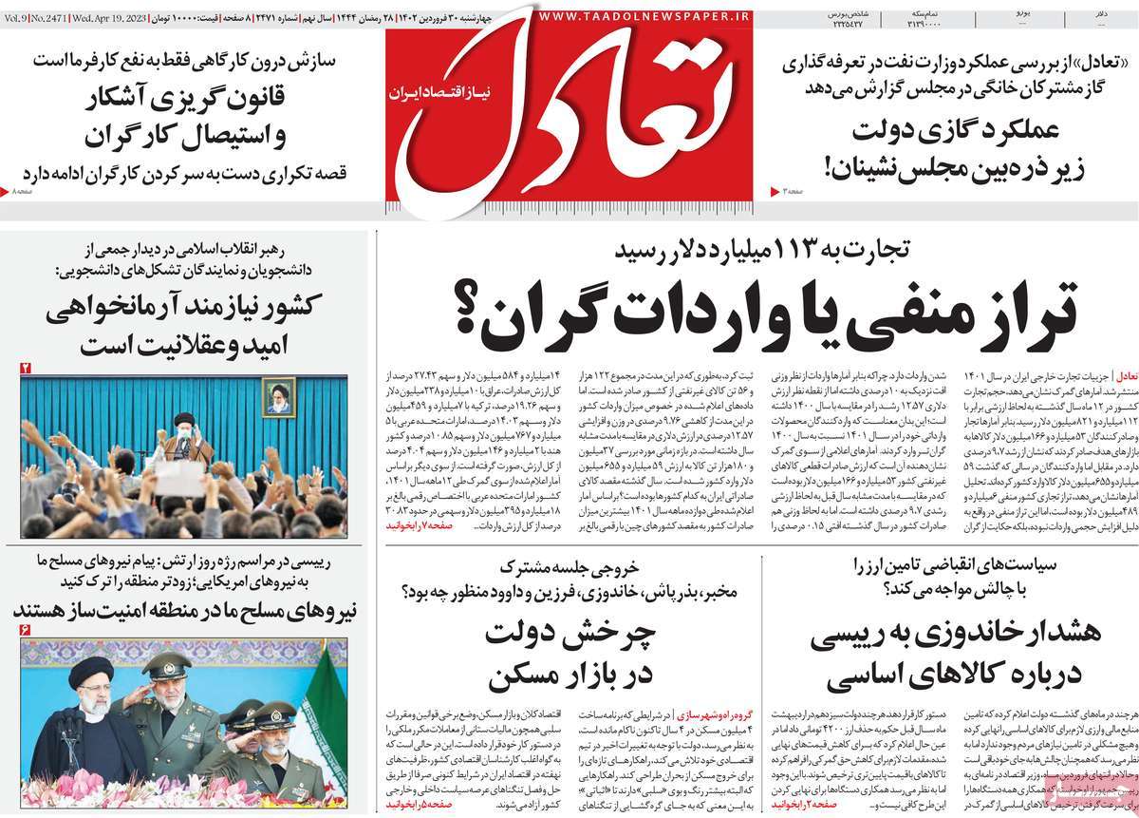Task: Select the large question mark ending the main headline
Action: (x=468, y=310)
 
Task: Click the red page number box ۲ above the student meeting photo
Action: (x=26, y=367)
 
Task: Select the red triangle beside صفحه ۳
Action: (x=775, y=193)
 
